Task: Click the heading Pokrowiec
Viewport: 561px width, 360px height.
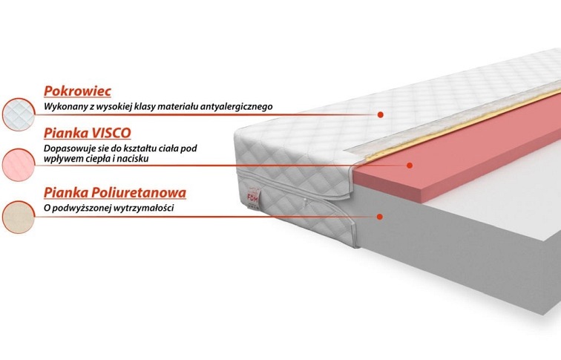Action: (x=77, y=91)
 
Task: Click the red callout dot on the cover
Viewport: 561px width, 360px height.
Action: (x=380, y=115)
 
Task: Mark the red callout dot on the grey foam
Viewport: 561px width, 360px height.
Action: (x=380, y=216)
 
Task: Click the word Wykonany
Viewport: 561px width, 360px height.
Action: (x=65, y=107)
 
